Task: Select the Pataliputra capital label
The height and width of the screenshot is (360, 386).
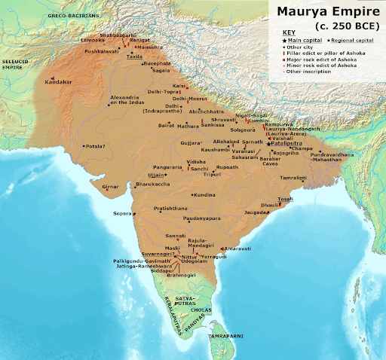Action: coord(286,143)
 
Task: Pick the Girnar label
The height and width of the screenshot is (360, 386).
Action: coord(111,186)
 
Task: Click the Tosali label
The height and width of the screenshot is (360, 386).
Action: coord(283,198)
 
